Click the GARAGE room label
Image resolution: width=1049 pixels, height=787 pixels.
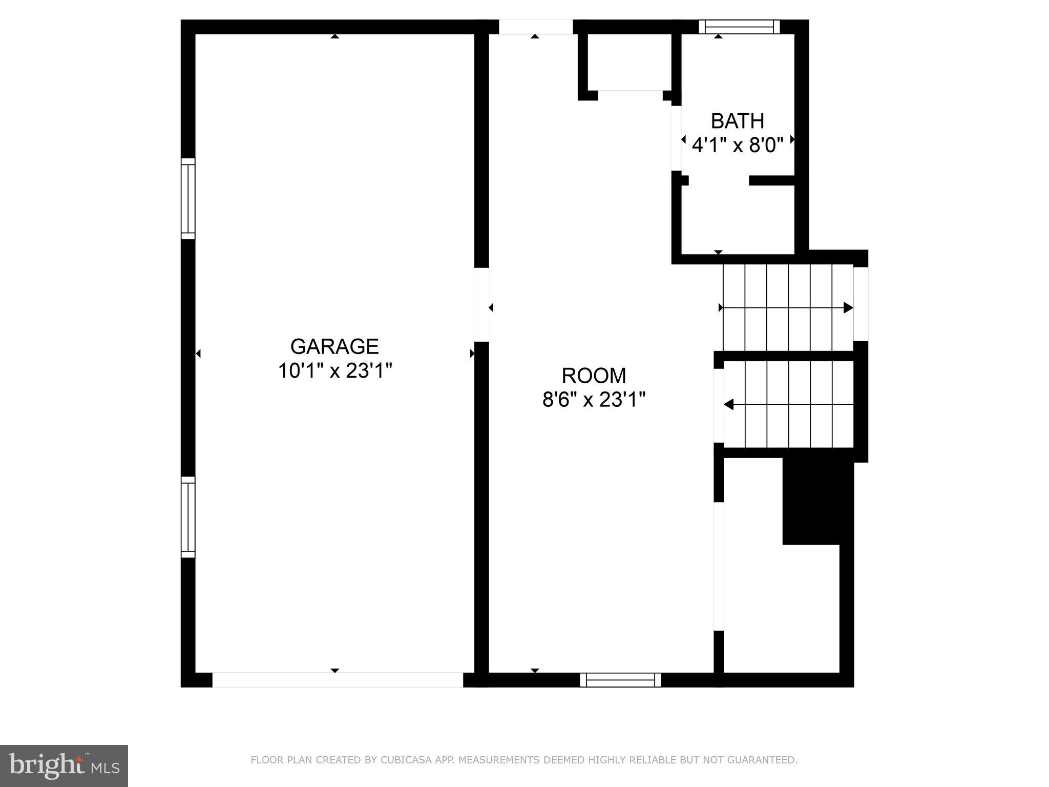tap(334, 347)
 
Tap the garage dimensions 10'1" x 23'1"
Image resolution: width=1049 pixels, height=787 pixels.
tap(334, 371)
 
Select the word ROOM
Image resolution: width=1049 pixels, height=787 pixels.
tap(594, 376)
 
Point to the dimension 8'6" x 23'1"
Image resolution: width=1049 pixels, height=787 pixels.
tap(594, 400)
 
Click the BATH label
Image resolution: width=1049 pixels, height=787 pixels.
tap(738, 121)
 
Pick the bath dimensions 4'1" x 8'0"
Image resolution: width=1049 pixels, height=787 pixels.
tap(738, 146)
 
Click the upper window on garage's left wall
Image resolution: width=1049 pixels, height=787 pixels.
tap(188, 199)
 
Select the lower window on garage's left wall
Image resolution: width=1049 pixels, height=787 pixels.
tap(188, 517)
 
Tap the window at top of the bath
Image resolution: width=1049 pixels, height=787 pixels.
tap(739, 27)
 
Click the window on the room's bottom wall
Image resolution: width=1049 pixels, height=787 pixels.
tap(620, 680)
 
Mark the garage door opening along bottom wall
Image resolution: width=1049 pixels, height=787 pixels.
tap(338, 680)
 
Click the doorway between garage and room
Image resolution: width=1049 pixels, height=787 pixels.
tap(481, 304)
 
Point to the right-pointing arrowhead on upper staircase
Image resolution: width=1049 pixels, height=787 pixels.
tap(848, 308)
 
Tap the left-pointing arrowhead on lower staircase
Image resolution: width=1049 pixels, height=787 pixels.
tap(728, 405)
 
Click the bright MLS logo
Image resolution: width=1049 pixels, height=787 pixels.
tap(64, 766)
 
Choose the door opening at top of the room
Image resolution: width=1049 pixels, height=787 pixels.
tap(535, 27)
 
